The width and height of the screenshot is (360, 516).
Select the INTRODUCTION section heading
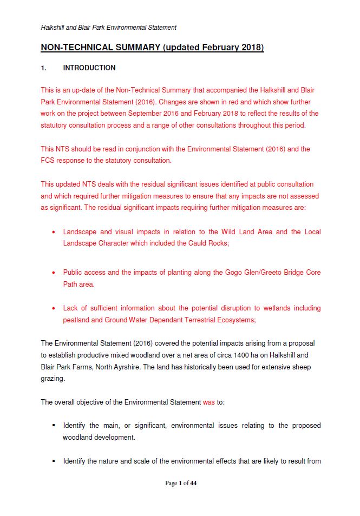tap(89, 68)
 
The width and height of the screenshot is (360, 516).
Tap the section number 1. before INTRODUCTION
tap(44, 68)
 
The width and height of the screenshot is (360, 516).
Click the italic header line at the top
tap(108, 28)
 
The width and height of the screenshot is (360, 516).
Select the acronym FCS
tap(48, 161)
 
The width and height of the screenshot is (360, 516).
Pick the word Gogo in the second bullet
tap(234, 273)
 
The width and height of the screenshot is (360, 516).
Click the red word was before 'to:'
tap(208, 402)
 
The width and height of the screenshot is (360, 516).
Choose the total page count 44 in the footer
tap(193, 483)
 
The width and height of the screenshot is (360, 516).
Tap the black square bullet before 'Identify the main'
tap(54, 426)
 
